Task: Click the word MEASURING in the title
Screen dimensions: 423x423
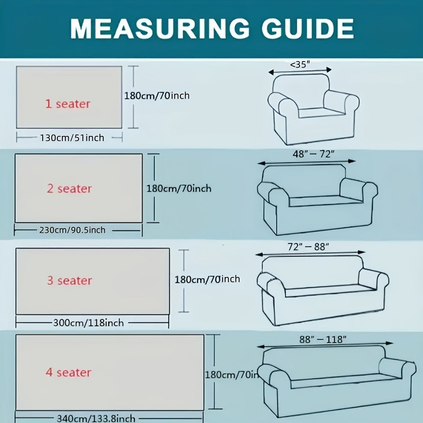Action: (x=160, y=28)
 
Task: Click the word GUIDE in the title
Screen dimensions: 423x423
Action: (x=308, y=28)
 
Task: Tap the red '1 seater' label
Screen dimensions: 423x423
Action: (x=68, y=104)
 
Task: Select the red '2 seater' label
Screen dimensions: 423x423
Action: (x=69, y=188)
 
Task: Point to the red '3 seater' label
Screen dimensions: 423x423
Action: (x=70, y=281)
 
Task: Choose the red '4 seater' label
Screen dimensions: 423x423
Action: (x=68, y=372)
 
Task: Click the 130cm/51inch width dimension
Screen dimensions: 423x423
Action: (x=72, y=138)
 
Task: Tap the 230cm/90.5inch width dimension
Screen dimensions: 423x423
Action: (x=72, y=230)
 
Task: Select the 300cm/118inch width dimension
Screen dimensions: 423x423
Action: (x=88, y=323)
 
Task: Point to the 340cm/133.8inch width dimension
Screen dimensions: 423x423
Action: (x=96, y=418)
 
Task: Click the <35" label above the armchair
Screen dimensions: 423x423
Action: (x=300, y=65)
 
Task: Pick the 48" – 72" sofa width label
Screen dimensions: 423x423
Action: (x=314, y=154)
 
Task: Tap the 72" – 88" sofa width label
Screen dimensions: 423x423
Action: (x=308, y=247)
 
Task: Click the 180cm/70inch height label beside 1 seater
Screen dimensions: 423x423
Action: (x=157, y=96)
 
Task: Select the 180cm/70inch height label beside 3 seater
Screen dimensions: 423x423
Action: (x=207, y=279)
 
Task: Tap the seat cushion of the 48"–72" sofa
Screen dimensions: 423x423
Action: (x=326, y=201)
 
